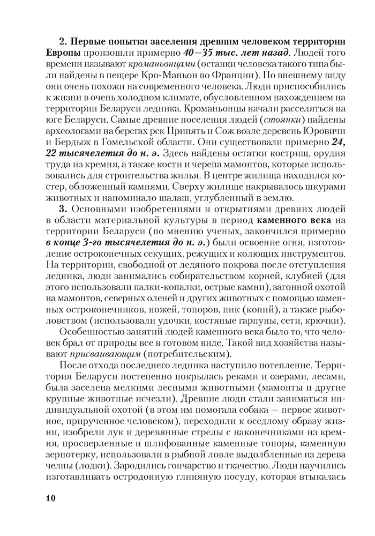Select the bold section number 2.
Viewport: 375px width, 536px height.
pos(61,42)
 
